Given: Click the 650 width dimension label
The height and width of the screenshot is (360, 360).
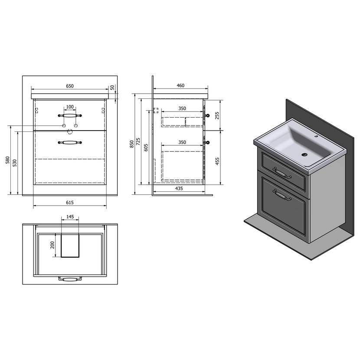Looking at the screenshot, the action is point(70,86).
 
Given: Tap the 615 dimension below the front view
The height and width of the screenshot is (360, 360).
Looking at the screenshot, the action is point(70,202).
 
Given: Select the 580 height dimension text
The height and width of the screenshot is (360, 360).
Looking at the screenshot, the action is point(8,160).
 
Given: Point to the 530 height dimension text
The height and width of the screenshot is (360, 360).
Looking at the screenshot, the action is point(15,163).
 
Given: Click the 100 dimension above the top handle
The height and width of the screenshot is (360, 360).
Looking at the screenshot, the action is point(70,107).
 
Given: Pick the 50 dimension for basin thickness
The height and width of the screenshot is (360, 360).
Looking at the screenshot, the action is point(112,88).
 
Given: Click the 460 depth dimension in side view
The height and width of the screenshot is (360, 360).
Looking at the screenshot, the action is point(180,85).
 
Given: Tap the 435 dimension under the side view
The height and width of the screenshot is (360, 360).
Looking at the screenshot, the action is point(179,188).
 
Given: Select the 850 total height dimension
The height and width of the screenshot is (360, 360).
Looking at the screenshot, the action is point(132,144).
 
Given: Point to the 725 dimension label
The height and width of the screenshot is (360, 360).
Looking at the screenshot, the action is point(138,141).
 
